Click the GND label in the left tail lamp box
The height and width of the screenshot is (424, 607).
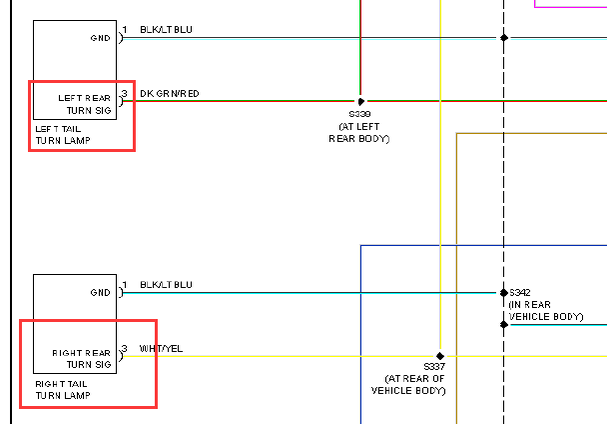100,38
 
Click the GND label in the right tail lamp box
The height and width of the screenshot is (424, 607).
100,292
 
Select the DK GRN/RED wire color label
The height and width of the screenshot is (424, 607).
170,93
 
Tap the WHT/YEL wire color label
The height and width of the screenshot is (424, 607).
161,348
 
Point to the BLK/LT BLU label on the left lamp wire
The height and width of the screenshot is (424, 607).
166,29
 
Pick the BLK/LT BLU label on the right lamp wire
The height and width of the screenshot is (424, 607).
166,284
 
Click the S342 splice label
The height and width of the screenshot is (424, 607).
520,292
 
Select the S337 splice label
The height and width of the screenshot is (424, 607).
434,366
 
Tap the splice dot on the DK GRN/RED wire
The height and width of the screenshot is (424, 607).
360,102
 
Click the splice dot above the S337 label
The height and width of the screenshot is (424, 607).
440,356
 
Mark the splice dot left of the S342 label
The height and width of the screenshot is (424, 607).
504,292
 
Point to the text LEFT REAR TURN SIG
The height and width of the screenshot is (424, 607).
85,104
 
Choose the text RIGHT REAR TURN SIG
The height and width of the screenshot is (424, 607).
82,358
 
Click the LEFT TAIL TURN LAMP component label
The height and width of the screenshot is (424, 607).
63,135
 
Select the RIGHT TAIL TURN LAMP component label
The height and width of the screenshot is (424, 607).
63,389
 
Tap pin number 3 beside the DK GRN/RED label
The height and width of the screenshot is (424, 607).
125,93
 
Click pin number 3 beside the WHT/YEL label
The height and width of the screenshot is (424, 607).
125,348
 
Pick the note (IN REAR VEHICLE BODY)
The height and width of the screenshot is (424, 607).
546,310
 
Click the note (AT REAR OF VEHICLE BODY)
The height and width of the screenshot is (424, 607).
408,384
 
